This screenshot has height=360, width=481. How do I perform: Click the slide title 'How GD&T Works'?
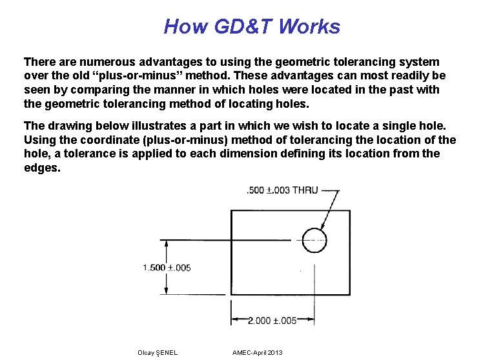point(252,26)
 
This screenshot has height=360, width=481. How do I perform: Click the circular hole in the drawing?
point(314,239)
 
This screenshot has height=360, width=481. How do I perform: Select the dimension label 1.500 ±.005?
point(167,268)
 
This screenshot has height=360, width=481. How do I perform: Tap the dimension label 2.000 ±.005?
point(272,320)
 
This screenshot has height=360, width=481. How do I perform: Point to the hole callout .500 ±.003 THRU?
point(282,190)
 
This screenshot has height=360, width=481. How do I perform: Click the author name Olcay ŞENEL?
point(158,352)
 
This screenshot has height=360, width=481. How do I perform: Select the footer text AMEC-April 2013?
point(257,352)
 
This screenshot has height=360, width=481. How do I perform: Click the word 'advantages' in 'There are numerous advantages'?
point(169,62)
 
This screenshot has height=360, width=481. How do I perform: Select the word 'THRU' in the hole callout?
point(305,190)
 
